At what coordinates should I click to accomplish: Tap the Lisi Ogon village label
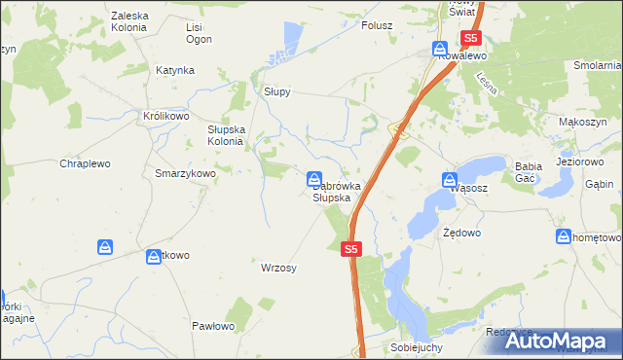pyautogui.click(x=199, y=33)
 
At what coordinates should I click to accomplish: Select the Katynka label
pyautogui.click(x=175, y=70)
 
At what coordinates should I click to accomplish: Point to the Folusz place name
pyautogui.click(x=377, y=25)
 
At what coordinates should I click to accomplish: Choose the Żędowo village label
pyautogui.click(x=461, y=234)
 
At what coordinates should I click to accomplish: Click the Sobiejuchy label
pyautogui.click(x=417, y=347)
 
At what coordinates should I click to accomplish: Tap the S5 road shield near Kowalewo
pyautogui.click(x=471, y=39)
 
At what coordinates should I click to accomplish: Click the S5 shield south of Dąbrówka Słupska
pyautogui.click(x=352, y=250)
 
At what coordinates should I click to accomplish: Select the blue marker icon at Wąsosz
pyautogui.click(x=450, y=180)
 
